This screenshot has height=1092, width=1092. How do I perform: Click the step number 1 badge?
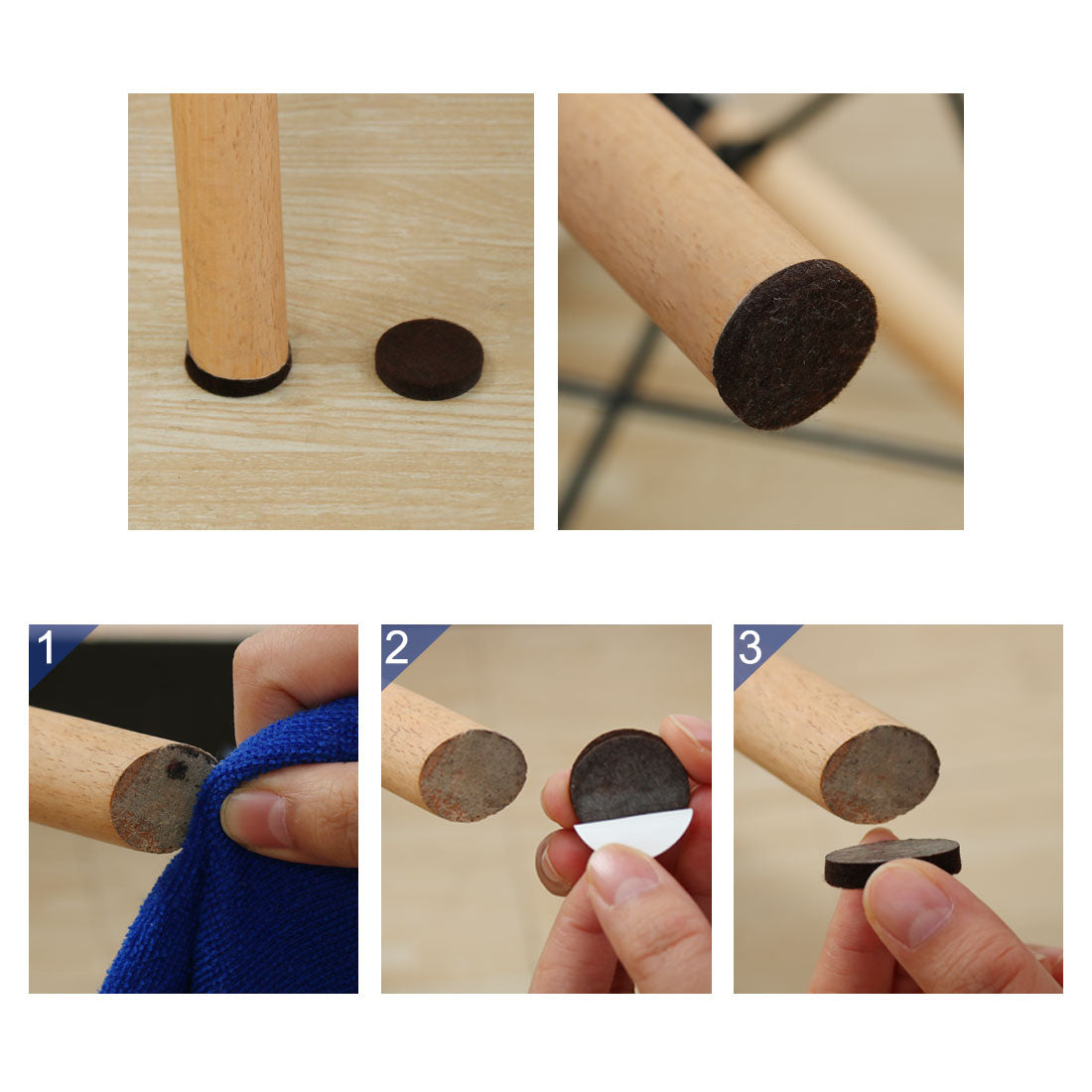(x=46, y=647)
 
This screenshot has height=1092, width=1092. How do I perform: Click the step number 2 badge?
(x=397, y=647)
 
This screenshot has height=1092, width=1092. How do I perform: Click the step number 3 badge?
(x=751, y=647)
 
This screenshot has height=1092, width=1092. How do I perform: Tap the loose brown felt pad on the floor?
(x=429, y=358)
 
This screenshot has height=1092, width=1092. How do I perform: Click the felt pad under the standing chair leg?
(x=237, y=383)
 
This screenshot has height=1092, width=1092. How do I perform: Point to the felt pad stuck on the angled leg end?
(x=794, y=343)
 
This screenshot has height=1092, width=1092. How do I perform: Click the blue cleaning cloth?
(x=248, y=893)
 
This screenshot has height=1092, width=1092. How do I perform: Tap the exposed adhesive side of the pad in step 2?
(x=630, y=774)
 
